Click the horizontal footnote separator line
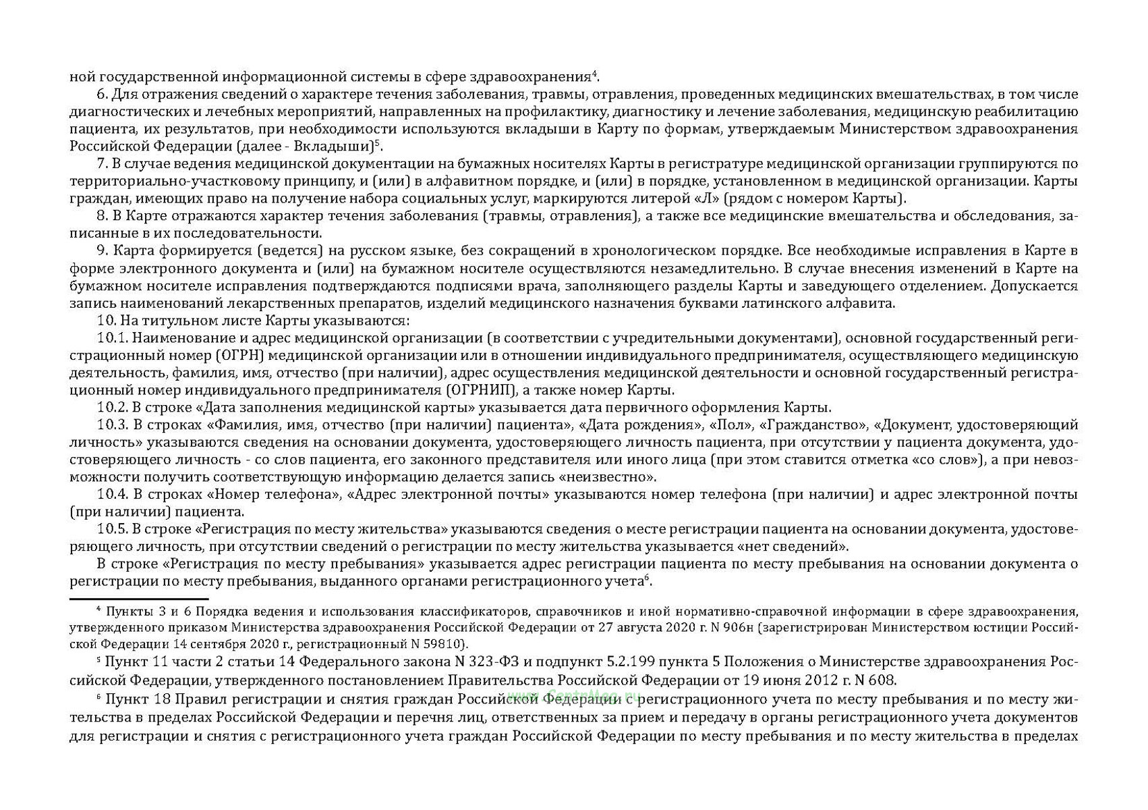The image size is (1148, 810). (139, 599)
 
